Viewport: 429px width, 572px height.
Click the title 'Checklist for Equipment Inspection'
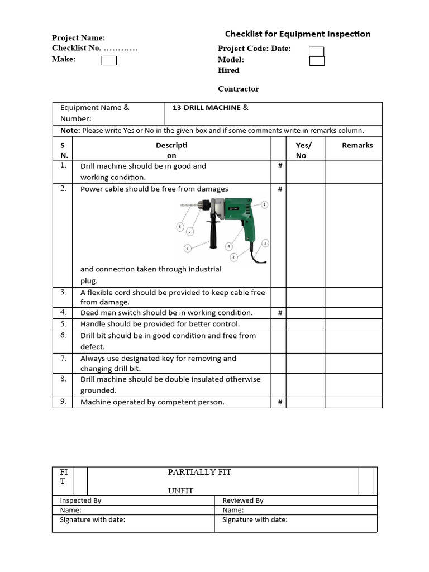[x=297, y=34]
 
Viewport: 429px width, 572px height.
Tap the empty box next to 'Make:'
[x=109, y=60]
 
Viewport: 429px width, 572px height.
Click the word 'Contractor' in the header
[x=238, y=89]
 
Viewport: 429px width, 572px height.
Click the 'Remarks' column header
[x=357, y=145]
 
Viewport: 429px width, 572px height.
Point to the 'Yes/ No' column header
[x=303, y=150]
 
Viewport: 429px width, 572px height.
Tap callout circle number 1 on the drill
[x=264, y=205]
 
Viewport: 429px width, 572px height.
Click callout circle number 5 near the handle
[x=188, y=248]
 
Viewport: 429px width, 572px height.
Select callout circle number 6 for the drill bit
[x=180, y=227]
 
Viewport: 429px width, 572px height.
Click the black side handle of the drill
[x=213, y=235]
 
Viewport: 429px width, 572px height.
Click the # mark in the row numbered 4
[x=280, y=313]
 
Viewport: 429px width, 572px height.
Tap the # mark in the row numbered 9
[x=280, y=402]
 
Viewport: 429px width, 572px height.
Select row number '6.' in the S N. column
[x=63, y=335]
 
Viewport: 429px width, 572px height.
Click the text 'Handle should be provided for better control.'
[x=160, y=324]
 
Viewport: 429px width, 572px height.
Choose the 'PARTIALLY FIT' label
[x=199, y=472]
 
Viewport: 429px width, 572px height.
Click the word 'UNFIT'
[x=182, y=490]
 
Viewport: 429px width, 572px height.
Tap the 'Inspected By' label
[x=80, y=500]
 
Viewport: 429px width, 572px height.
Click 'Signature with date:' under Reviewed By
[x=255, y=519]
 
